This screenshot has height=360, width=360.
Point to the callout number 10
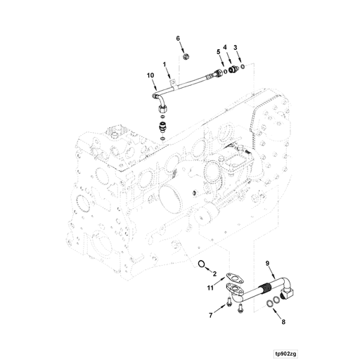149,75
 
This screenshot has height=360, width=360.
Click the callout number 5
218,51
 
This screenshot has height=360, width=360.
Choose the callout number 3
236,46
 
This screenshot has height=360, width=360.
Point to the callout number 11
210,288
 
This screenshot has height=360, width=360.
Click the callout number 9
266,264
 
